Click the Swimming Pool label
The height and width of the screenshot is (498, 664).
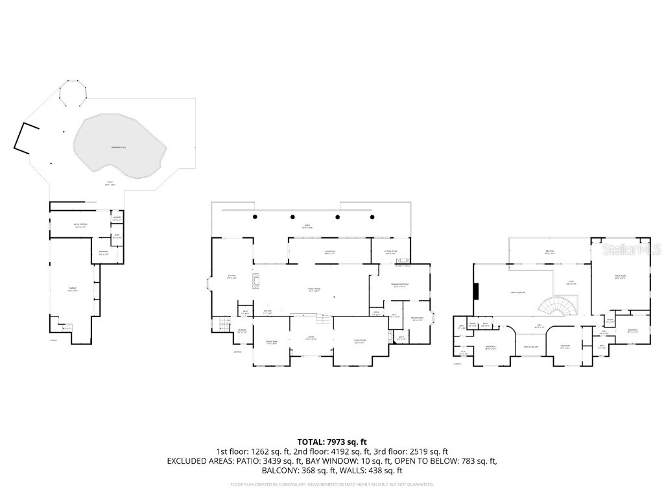coord(119,148)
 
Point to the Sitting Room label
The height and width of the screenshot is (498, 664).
coord(391,253)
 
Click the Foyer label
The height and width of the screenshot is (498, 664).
coord(311,340)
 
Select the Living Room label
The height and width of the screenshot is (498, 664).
coord(360,342)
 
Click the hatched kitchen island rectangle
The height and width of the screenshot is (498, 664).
coord(257,280)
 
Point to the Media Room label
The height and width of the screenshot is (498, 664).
coord(620,276)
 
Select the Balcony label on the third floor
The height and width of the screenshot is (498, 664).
coord(549,253)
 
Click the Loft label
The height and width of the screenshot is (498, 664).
coord(571,283)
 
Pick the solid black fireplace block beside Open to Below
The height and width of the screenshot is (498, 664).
coord(476,292)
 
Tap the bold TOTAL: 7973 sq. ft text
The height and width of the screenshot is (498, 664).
coord(331,442)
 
